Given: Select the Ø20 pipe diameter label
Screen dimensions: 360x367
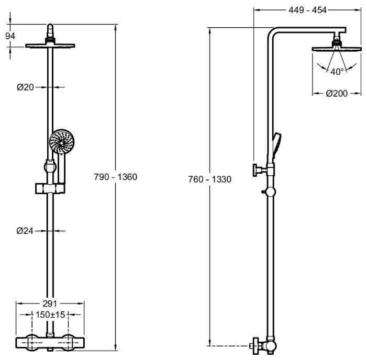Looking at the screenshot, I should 25,87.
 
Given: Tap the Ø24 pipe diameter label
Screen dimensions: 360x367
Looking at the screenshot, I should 25,230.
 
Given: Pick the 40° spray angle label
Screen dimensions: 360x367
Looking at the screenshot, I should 336,71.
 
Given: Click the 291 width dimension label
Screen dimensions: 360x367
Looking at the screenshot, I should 50,303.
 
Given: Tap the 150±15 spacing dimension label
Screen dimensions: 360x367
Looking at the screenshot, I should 50,315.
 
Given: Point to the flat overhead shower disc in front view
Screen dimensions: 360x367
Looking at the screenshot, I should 50,46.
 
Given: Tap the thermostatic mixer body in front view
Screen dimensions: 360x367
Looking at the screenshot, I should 50,343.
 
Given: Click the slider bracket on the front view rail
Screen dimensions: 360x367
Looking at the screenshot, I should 50,187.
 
